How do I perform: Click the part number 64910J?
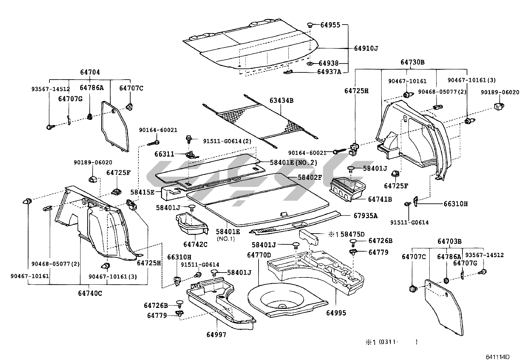[x=366, y=48]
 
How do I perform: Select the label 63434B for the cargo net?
[x=281, y=101]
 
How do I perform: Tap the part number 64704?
[x=90, y=72]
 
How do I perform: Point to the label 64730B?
[x=412, y=62]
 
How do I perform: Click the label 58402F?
[x=310, y=178]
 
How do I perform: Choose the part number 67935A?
[x=365, y=216]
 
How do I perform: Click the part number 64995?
[x=336, y=313]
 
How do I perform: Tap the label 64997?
[x=216, y=334]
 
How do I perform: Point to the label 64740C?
[x=90, y=293]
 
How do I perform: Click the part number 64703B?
[x=449, y=241]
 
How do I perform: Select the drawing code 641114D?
[x=498, y=357]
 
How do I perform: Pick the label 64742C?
[x=195, y=244]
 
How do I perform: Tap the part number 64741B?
[x=380, y=199]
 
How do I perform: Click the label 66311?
[x=165, y=154]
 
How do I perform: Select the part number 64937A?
[x=329, y=72]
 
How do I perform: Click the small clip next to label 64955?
[x=310, y=25]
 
